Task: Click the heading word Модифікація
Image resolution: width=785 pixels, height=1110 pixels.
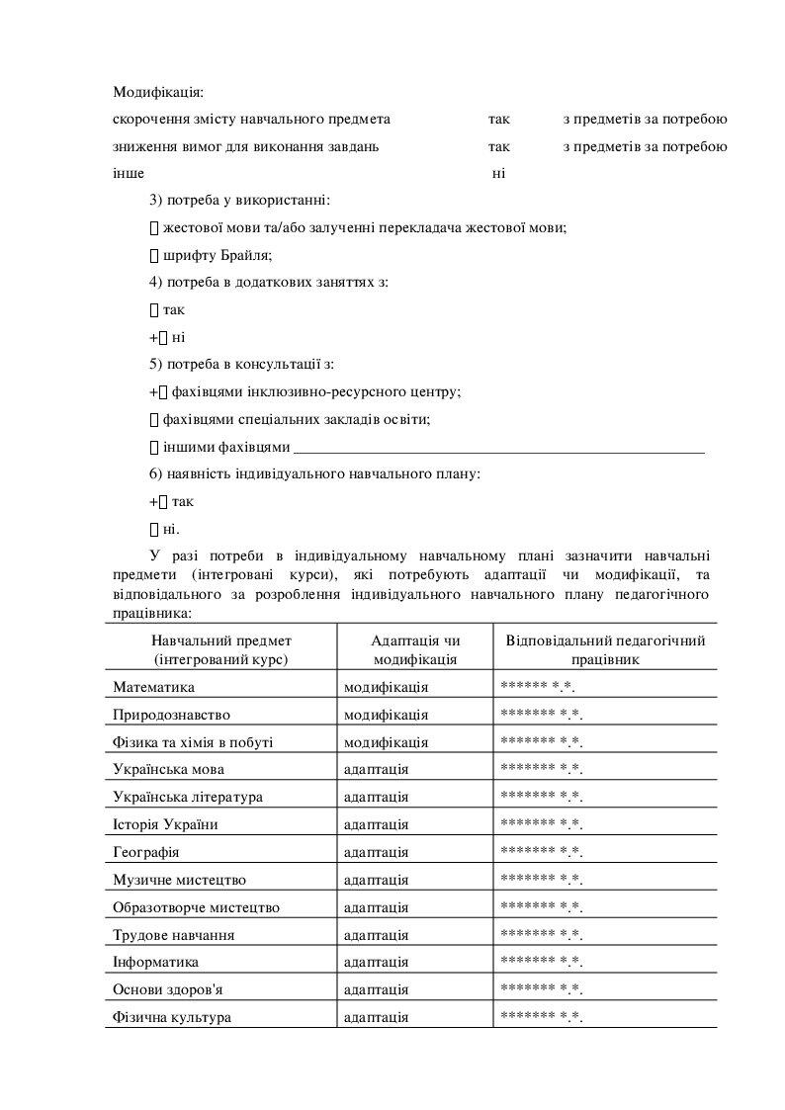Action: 157,92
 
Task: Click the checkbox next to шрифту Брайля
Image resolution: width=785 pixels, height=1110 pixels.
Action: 153,255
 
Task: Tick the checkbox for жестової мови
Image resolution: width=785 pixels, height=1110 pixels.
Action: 153,228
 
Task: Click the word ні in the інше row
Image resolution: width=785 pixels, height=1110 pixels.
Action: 498,175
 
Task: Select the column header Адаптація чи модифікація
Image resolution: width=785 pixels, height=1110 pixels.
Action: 415,649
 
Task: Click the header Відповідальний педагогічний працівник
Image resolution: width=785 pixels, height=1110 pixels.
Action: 605,649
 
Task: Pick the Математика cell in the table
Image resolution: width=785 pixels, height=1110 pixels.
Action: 153,687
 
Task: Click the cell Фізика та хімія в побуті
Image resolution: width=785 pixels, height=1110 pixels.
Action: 193,742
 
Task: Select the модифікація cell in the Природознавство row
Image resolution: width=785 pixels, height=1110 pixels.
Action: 386,715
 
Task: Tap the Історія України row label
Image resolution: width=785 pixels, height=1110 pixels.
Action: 165,824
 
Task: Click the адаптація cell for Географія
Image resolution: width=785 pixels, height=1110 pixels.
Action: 376,852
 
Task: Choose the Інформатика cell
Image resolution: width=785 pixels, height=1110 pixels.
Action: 155,962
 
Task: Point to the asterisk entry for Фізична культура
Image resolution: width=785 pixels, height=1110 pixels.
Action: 542,1016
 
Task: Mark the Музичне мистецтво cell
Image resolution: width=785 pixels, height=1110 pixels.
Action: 179,880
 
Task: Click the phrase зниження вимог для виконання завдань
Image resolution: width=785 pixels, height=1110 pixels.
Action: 245,147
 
